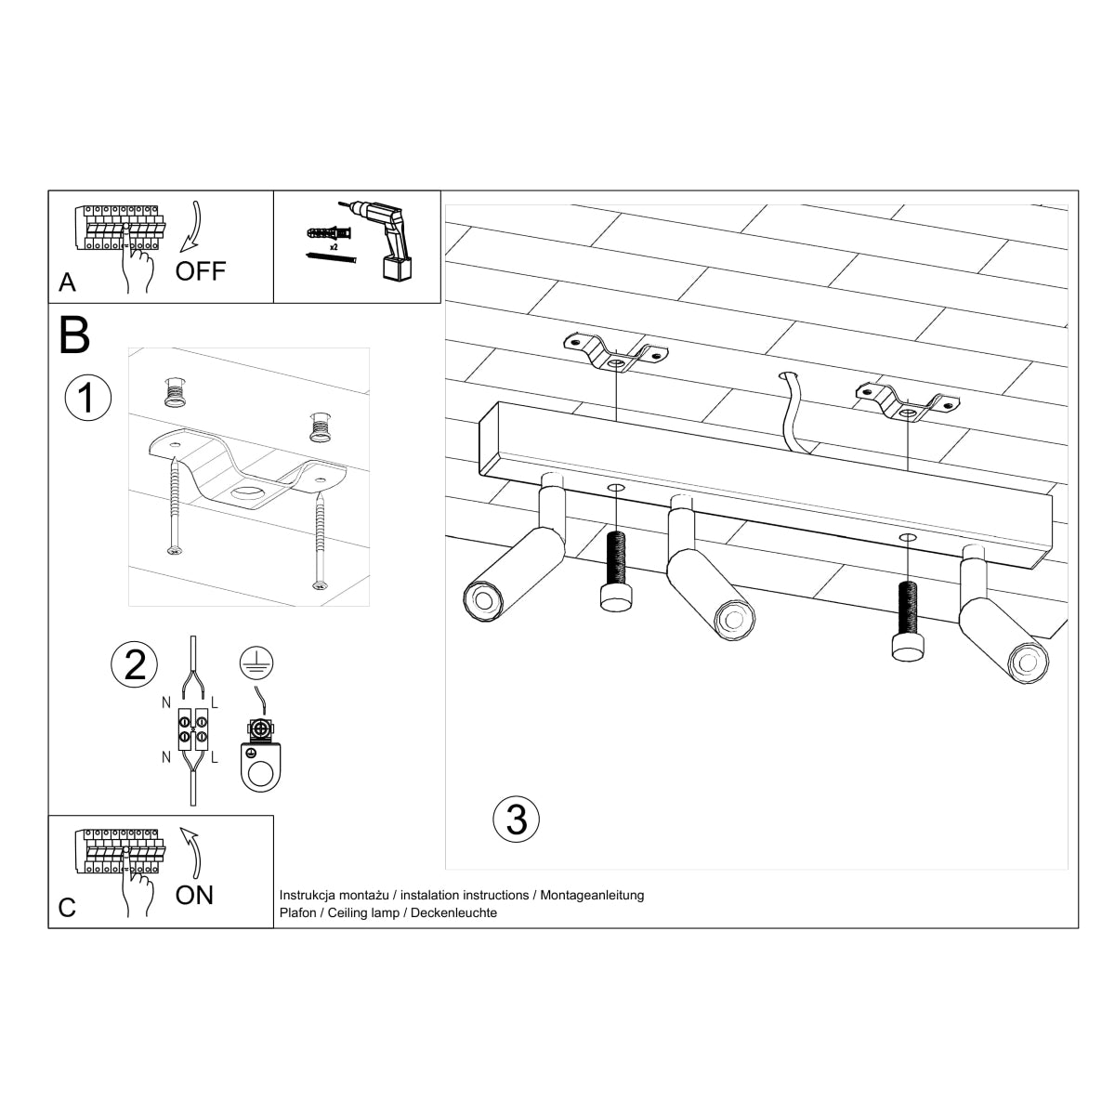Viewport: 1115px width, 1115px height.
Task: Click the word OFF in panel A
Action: click(201, 271)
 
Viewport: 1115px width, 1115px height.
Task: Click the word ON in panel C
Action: click(194, 895)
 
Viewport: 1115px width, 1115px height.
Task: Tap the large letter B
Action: click(74, 335)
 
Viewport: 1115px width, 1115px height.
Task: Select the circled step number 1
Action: click(87, 399)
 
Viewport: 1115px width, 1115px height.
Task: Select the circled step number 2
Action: click(135, 665)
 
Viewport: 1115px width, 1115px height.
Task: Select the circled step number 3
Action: click(517, 820)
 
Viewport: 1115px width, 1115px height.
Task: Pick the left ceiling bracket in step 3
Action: click(616, 354)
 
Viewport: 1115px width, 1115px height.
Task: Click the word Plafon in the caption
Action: click(297, 913)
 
